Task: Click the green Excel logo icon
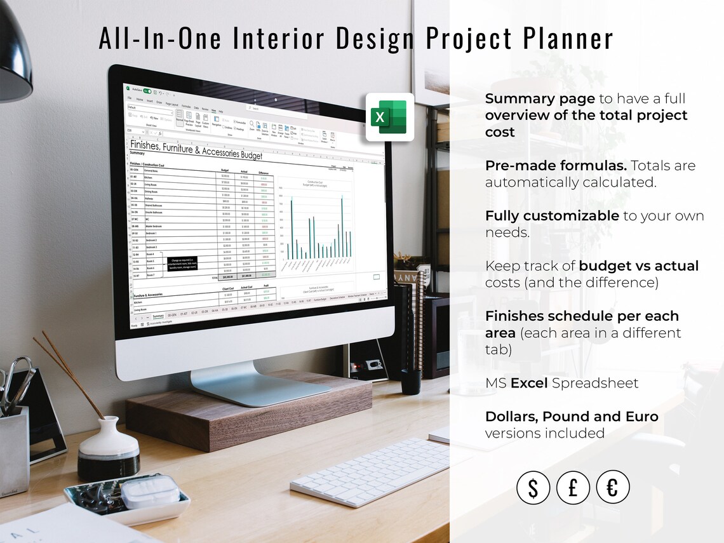click(390, 117)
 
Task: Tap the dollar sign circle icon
click(532, 488)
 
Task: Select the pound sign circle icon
click(572, 488)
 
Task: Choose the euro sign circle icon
click(612, 488)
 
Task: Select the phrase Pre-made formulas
click(556, 166)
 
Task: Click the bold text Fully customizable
click(551, 216)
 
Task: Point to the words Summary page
click(540, 98)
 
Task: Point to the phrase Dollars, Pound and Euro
click(571, 417)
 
